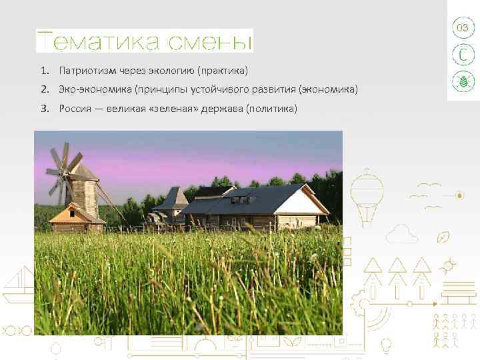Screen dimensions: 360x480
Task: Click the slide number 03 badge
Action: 462,28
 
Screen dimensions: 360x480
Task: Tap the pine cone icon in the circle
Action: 462,81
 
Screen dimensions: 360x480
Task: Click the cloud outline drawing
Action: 402,233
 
